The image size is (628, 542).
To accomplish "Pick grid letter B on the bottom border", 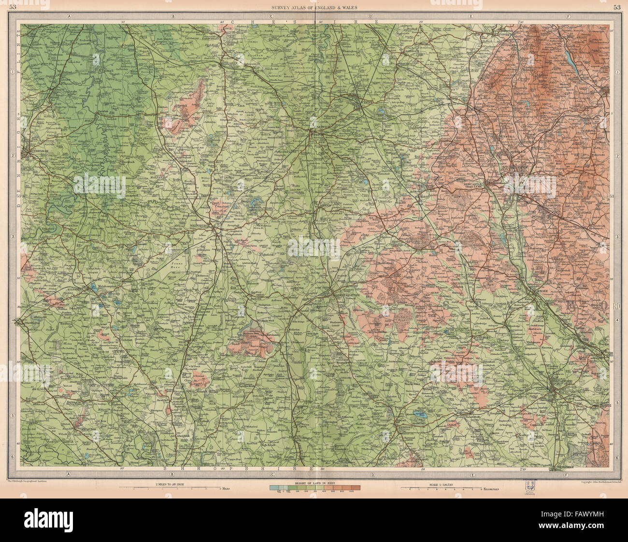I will (x=172, y=475).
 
